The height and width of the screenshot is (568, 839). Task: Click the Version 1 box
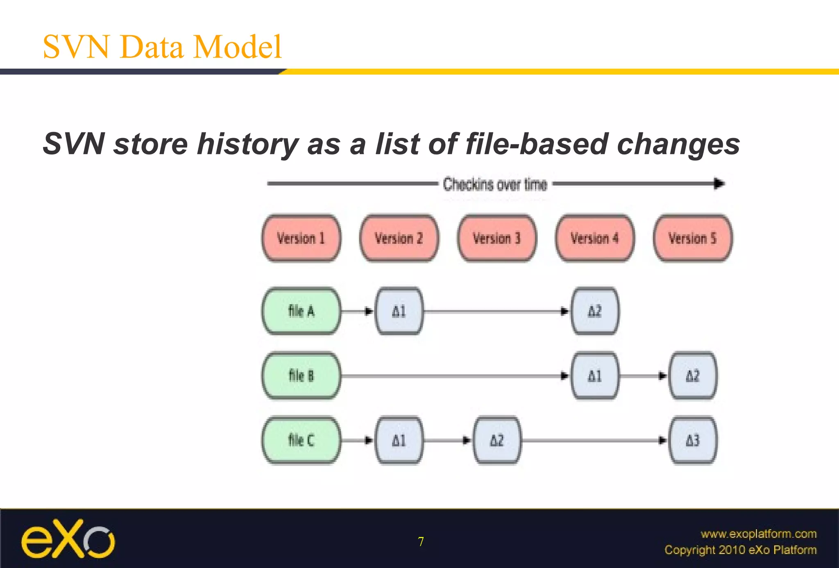click(x=301, y=238)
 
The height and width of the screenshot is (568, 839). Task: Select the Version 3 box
click(x=497, y=238)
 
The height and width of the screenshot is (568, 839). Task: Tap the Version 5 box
click(x=692, y=238)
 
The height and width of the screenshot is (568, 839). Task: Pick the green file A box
click(x=301, y=311)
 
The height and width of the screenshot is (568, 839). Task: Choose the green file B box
click(x=301, y=375)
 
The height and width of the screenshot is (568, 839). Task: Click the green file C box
click(x=301, y=440)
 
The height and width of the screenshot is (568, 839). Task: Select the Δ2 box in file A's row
click(x=595, y=311)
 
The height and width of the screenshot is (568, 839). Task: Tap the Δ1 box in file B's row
click(x=595, y=375)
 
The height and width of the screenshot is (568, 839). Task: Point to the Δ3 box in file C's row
click(x=693, y=440)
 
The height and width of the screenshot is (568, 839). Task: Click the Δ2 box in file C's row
click(x=497, y=440)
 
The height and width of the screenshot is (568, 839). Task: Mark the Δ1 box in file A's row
click(x=399, y=311)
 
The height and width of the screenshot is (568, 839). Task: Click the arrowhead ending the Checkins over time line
click(x=719, y=184)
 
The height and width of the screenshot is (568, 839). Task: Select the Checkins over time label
click(x=495, y=184)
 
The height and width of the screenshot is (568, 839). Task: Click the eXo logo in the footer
click(x=68, y=539)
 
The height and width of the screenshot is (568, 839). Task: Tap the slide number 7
click(x=421, y=542)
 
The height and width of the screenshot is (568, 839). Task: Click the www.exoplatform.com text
click(x=758, y=534)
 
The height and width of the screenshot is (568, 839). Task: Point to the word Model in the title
click(x=237, y=47)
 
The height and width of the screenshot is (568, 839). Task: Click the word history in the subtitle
click(x=247, y=144)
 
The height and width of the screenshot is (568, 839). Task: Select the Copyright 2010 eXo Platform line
click(x=740, y=550)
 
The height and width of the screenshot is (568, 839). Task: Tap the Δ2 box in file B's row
click(x=693, y=375)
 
